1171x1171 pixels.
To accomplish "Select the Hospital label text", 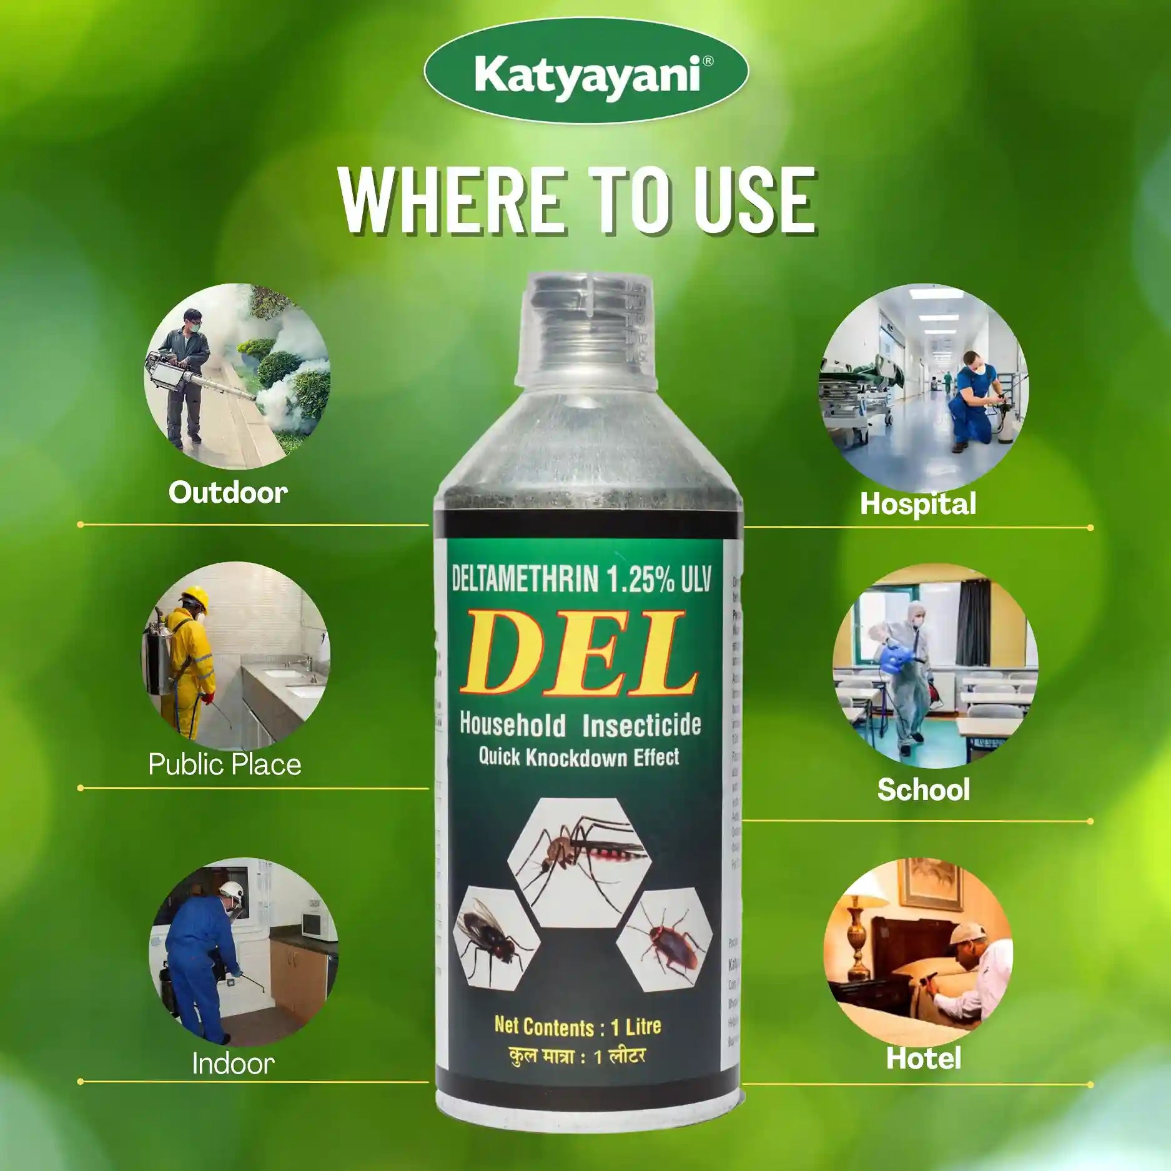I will (x=917, y=503).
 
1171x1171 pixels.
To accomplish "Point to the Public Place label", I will (x=225, y=764).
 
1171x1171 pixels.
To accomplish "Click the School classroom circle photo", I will (x=934, y=666).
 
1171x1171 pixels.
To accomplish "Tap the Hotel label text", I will (x=923, y=1059).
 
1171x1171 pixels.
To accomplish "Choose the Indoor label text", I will (x=233, y=1064).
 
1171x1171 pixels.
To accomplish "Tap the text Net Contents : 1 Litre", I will (x=577, y=1027).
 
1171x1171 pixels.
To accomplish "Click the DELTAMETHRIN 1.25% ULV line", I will (x=581, y=580).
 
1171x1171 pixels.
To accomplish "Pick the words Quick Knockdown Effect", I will (x=578, y=758).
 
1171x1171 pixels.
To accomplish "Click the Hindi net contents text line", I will (x=576, y=1057).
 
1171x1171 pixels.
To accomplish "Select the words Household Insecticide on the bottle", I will (x=580, y=724).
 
